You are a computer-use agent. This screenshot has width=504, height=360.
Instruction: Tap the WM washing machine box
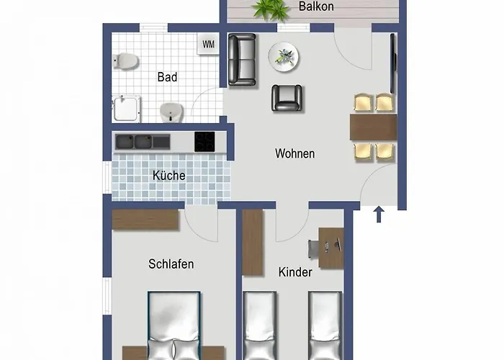tap(208, 45)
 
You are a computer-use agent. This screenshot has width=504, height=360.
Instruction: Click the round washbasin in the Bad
tap(171, 112)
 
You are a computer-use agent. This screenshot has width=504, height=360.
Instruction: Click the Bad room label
tap(167, 77)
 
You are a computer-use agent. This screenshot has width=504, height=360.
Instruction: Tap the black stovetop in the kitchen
tap(204, 142)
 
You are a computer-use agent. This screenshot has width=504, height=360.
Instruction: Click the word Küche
tap(168, 175)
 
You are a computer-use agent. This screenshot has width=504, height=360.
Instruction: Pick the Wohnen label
tap(294, 153)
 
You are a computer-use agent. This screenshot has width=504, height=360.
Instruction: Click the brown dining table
tap(373, 127)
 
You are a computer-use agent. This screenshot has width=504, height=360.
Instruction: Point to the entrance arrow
tap(379, 214)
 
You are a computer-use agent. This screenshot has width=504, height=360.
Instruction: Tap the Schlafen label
tap(171, 264)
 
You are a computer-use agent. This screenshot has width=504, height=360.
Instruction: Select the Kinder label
tap(295, 272)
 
